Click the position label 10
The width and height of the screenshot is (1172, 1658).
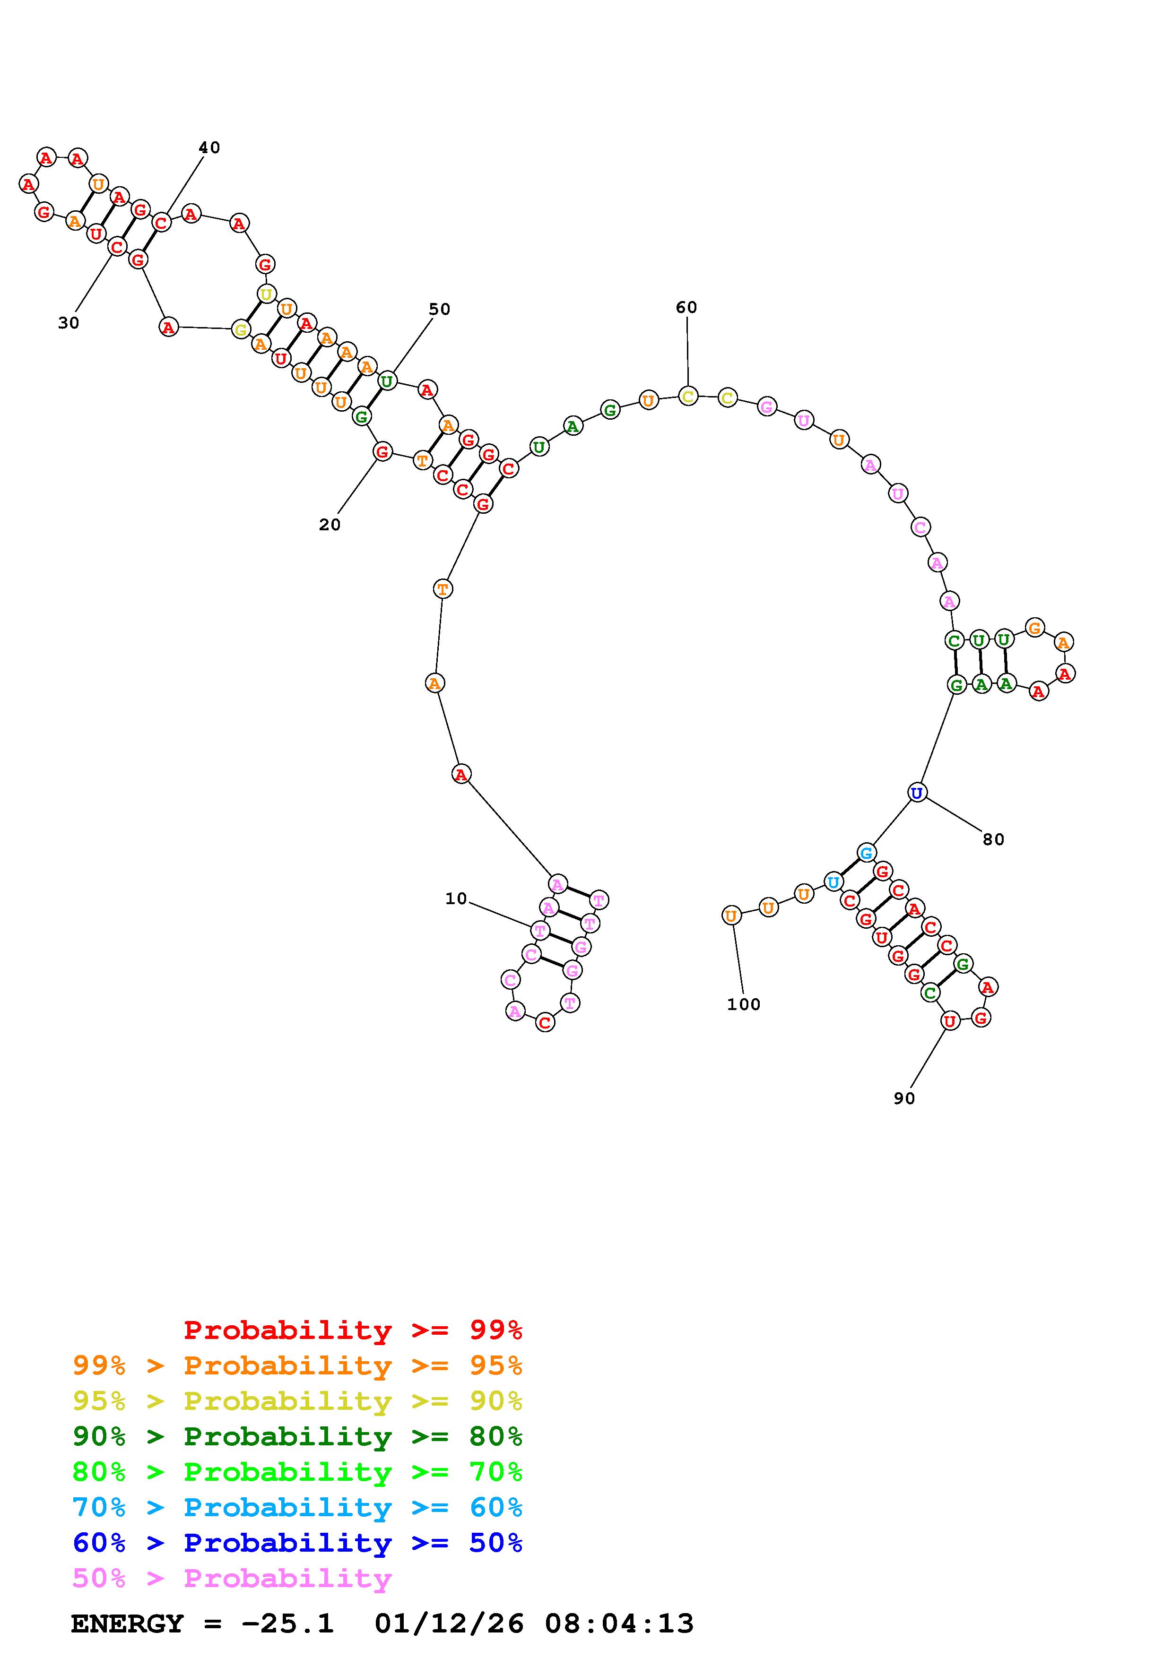click(x=456, y=899)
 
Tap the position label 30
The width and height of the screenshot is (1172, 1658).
click(x=69, y=323)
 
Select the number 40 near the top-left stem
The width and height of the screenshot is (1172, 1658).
click(x=209, y=147)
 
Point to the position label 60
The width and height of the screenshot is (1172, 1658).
click(x=686, y=308)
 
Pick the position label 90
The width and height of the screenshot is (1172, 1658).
click(x=904, y=1098)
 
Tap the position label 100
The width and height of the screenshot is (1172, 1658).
click(x=744, y=1004)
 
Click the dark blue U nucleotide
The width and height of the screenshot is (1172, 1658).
click(x=916, y=793)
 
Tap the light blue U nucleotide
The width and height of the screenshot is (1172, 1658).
click(x=833, y=882)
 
